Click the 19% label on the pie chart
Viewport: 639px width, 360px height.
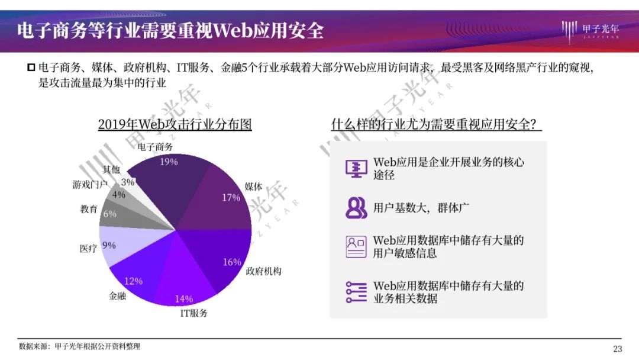[x=169, y=162]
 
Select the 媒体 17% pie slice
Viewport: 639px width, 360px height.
[x=220, y=200]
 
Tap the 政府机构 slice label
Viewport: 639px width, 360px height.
[x=263, y=271]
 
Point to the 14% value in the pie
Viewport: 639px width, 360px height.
[x=184, y=299]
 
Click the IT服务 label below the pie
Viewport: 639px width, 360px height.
[x=193, y=313]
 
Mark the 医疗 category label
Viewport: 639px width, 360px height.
[x=88, y=248]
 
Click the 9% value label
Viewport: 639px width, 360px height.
[x=109, y=246]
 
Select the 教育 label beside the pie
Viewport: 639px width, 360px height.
[x=89, y=209]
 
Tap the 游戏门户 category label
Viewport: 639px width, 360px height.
[x=90, y=185]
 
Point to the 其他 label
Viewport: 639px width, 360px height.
[x=111, y=169]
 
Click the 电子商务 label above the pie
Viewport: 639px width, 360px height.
[x=155, y=147]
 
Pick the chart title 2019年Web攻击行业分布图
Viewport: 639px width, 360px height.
[x=175, y=124]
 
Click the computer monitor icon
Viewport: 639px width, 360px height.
[x=356, y=168]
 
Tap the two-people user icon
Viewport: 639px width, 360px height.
[x=356, y=208]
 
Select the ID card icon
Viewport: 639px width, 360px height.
[x=356, y=247]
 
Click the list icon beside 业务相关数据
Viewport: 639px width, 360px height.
[x=356, y=292]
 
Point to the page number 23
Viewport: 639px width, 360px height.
[x=617, y=349]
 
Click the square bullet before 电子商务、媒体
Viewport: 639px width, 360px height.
[x=31, y=67]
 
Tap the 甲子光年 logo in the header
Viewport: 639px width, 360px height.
[x=590, y=31]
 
